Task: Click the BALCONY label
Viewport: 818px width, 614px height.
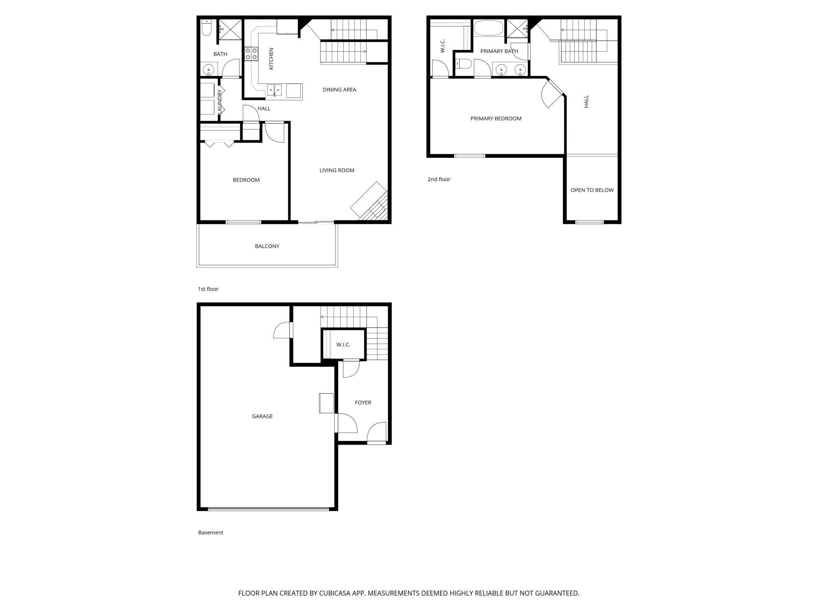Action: click(x=267, y=246)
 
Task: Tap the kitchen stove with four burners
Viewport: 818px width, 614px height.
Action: click(x=251, y=54)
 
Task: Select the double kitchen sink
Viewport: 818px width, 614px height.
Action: click(x=275, y=90)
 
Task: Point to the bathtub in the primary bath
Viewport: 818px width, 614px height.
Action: click(x=488, y=28)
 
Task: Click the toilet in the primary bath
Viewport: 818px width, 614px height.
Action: click(x=464, y=63)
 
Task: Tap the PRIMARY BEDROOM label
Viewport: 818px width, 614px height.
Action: click(x=496, y=118)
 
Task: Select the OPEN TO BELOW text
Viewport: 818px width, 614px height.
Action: click(x=592, y=190)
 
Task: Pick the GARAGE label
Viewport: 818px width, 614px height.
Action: click(x=262, y=416)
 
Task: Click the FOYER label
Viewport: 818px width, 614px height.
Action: click(x=363, y=403)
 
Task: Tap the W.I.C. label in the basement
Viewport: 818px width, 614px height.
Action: click(x=343, y=345)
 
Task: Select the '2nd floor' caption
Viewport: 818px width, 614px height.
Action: click(x=439, y=179)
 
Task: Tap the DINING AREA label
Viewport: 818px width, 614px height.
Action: click(x=339, y=90)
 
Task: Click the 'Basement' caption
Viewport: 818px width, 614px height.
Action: click(x=210, y=533)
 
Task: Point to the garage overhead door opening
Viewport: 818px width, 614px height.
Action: click(x=268, y=509)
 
